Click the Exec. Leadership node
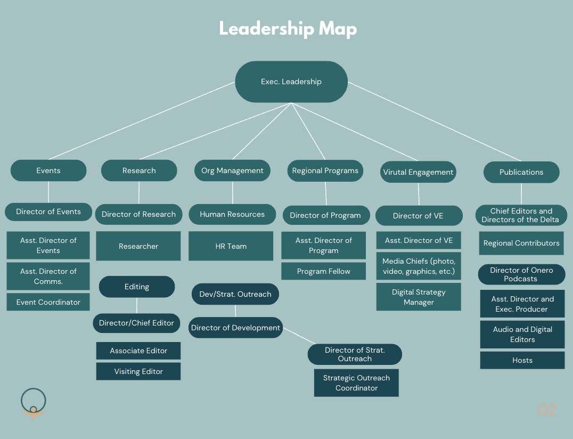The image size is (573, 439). pos(291,82)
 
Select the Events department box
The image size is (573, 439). pos(48,170)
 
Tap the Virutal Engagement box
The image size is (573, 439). pos(419,172)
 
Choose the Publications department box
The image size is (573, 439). pos(521,172)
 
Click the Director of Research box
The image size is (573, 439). pos(138,214)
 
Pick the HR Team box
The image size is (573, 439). pos(231,246)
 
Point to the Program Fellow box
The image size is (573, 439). pos(323,271)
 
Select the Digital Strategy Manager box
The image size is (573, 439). pos(419,297)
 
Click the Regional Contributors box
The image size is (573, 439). pos(521,243)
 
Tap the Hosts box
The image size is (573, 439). pos(522,360)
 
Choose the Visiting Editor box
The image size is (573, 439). pos(138,371)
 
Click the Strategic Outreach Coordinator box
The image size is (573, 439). pos(356,383)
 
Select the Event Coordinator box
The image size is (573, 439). pos(48,302)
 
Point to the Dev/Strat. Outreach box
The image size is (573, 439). pos(235,294)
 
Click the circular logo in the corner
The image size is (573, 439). pos(33,403)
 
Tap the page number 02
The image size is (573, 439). pos(546,410)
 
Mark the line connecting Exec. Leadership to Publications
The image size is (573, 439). pos(434,121)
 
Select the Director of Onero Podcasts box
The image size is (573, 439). pos(521,274)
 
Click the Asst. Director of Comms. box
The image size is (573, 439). pos(48,276)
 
